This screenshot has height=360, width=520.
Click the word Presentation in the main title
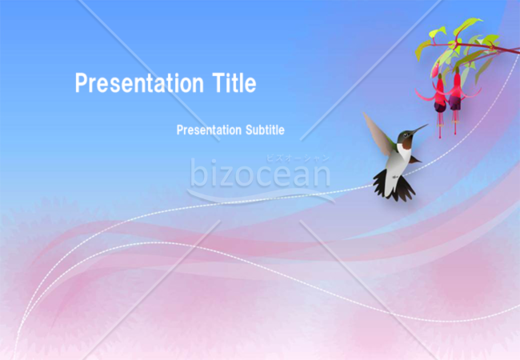click(139, 83)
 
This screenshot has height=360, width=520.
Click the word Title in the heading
click(234, 82)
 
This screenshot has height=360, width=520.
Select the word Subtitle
click(265, 130)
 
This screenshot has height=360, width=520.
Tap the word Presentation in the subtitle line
click(209, 130)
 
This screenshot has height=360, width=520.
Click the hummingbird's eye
click(406, 135)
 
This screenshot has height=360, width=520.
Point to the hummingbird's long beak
click(419, 129)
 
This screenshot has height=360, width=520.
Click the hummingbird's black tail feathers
click(394, 187)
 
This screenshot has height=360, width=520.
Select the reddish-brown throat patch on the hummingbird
click(406, 144)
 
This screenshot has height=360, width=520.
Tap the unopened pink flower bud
click(435, 70)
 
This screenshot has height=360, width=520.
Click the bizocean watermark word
click(260, 173)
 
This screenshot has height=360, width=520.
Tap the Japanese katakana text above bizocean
click(298, 158)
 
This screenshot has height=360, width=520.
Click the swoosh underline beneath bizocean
click(261, 196)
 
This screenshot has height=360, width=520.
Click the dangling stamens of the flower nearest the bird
click(440, 126)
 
